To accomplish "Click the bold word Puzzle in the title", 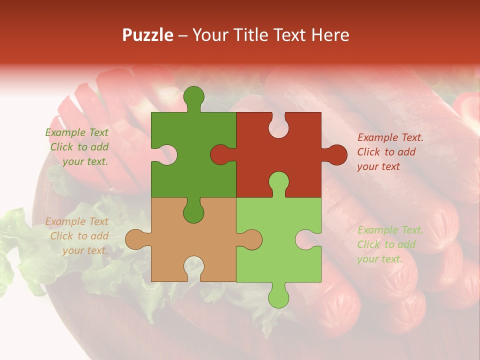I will click(148, 35).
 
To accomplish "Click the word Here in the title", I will click(330, 35).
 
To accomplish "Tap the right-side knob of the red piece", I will click(335, 155).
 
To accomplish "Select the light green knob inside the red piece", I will click(278, 182).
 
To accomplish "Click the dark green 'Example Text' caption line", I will click(77, 132).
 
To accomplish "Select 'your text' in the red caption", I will click(378, 166).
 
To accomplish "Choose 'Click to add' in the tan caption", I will click(79, 236).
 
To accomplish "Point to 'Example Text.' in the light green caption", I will click(390, 230).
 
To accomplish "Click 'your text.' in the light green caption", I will click(379, 259).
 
